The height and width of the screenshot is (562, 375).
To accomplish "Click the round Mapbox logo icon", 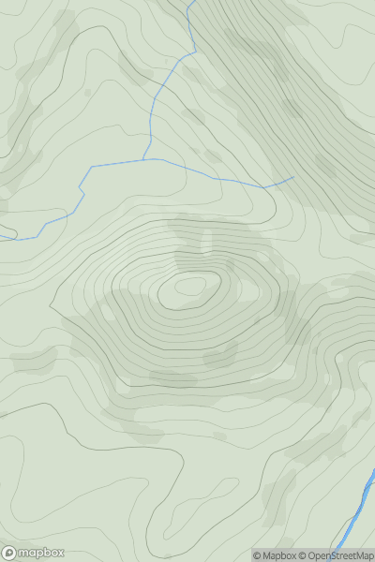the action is tap(8, 553).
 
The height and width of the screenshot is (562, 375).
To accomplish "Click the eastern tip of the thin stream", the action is tap(293, 176).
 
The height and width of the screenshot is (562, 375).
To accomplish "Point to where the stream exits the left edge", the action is tap(1, 238).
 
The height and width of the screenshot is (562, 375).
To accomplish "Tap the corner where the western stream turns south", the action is tap(92, 168).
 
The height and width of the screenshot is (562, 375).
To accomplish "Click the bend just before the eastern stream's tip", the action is tap(265, 186).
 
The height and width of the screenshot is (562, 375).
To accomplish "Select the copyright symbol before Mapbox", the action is tap(257, 555).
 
